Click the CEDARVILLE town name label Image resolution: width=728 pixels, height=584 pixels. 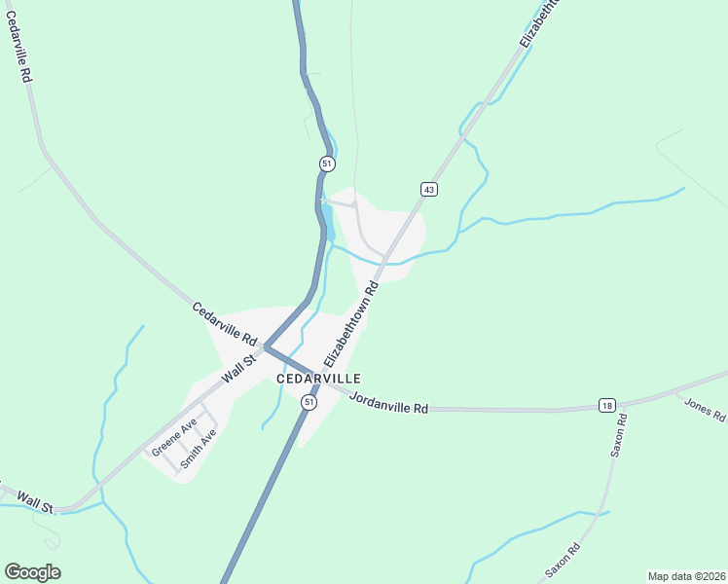pos(318,379)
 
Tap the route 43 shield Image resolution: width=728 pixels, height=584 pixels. pos(428,188)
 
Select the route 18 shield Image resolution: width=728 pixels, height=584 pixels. pos(606,405)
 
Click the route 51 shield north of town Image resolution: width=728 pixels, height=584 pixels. pos(327,163)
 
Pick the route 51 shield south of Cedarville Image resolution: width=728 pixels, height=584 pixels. pos(309,402)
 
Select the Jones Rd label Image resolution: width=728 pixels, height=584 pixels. pos(705,410)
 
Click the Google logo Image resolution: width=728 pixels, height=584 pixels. pos(32,572)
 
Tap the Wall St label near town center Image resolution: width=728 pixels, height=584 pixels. pos(237,369)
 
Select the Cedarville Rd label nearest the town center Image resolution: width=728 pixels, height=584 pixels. pos(224,325)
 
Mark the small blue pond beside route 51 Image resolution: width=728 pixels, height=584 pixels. pos(329,223)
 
